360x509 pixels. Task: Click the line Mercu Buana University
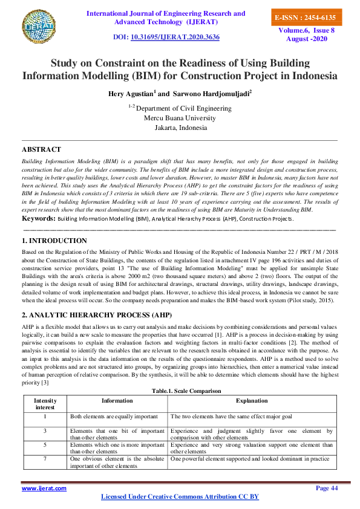[180, 118]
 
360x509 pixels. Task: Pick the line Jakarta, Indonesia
[180, 128]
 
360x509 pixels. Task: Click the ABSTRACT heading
[41, 149]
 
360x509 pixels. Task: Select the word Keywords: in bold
[39, 218]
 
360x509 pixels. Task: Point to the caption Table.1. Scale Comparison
[180, 374]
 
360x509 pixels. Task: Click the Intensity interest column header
[44, 387]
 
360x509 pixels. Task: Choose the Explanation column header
[252, 383]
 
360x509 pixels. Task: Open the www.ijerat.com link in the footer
[44, 487]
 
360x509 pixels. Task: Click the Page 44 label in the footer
[327, 487]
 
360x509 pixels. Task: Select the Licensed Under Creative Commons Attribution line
[180, 496]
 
